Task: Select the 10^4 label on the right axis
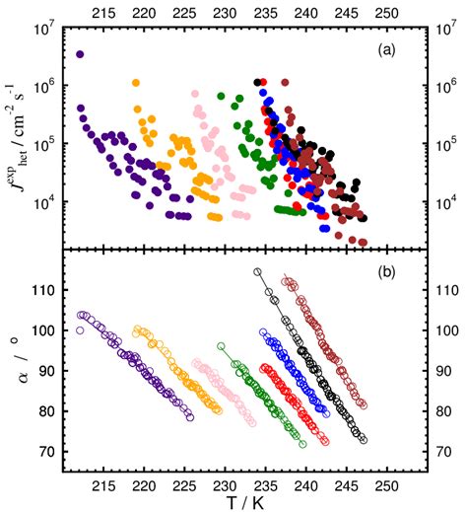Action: pyautogui.click(x=442, y=202)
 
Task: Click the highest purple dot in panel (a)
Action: pyautogui.click(x=80, y=54)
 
